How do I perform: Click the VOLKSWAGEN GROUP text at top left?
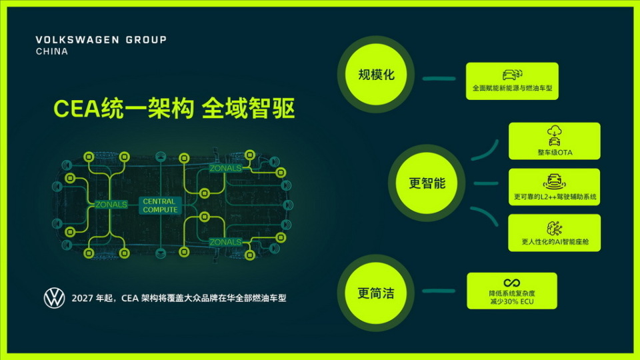coord(101,40)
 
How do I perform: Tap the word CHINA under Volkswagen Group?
coord(51,51)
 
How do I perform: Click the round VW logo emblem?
coord(54,298)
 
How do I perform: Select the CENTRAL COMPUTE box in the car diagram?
coord(160,205)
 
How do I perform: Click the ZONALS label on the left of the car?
coord(111,205)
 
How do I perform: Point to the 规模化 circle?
coord(377,75)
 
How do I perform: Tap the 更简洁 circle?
coord(375,293)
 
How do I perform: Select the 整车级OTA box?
coord(554,141)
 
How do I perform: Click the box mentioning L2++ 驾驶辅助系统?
coord(554,187)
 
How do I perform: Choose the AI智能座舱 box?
coord(554,232)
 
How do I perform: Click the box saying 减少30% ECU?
coord(511,291)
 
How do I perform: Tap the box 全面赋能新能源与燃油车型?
coord(511,81)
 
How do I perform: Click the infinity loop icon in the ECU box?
coord(511,282)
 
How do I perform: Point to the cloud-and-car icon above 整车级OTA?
coord(554,134)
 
